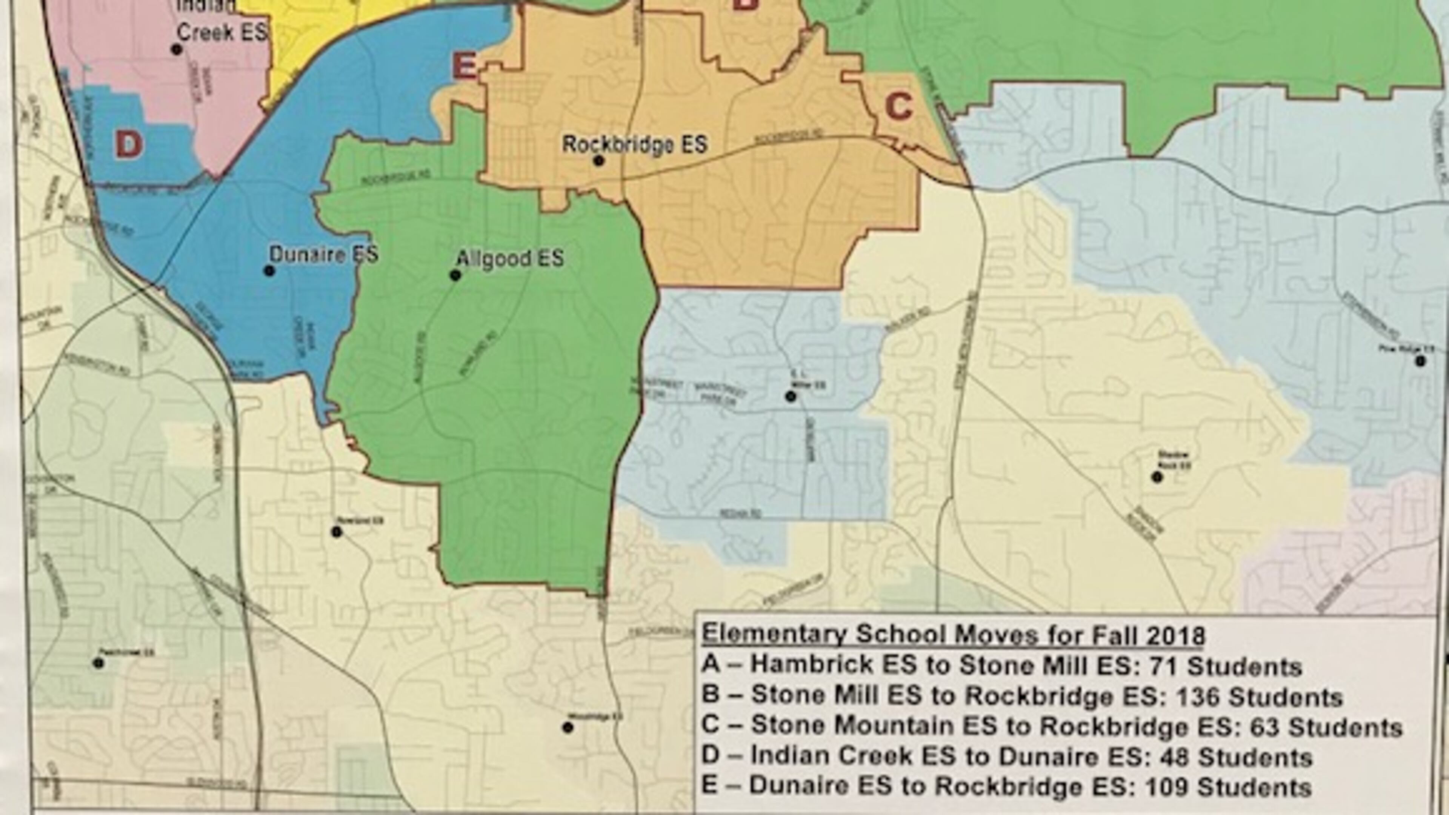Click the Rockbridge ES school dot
pyautogui.click(x=599, y=161)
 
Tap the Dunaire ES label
pyautogui.click(x=323, y=254)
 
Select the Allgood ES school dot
pyautogui.click(x=455, y=275)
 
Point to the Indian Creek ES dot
pyautogui.click(x=177, y=49)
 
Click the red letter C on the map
pyautogui.click(x=898, y=107)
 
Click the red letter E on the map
pyautogui.click(x=465, y=66)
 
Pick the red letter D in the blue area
pyautogui.click(x=128, y=146)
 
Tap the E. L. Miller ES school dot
pyautogui.click(x=791, y=397)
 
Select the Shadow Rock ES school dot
pyautogui.click(x=1157, y=477)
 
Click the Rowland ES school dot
pyautogui.click(x=336, y=532)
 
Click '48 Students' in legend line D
pyautogui.click(x=1236, y=757)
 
